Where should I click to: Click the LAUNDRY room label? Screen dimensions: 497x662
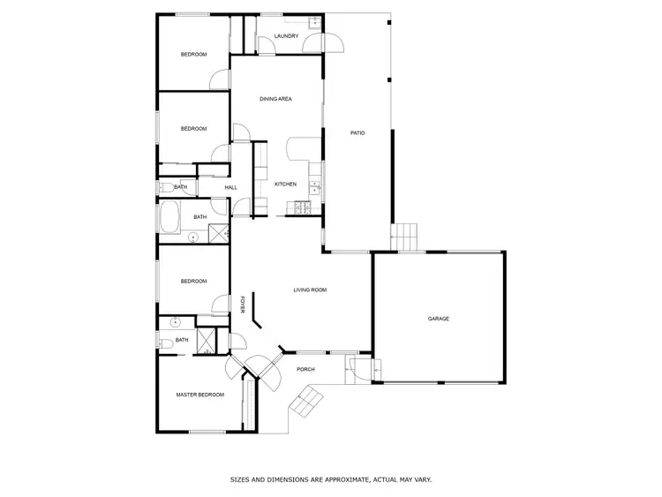tap(286, 36)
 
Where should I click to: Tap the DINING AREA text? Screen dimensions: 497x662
tap(275, 99)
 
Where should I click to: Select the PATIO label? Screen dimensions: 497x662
tap(357, 133)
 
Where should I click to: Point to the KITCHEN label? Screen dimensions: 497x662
tap(285, 184)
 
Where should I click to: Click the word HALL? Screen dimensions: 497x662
tap(230, 187)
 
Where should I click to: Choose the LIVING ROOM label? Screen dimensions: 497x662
tap(311, 290)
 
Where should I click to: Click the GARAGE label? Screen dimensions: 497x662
tap(439, 318)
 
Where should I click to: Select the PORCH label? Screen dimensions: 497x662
tap(305, 369)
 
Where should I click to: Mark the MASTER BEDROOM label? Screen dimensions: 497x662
tap(199, 395)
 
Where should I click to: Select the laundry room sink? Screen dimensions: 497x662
tap(315, 21)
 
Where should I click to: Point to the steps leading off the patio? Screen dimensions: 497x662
tap(404, 237)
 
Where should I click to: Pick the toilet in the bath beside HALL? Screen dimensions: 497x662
tap(164, 186)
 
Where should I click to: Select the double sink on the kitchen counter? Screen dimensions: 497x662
tap(314, 185)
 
